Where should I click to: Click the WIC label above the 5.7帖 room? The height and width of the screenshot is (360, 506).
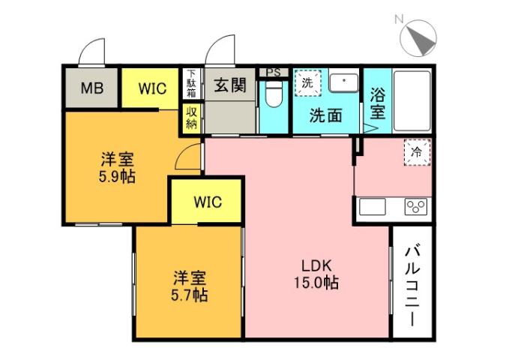tap(207, 201)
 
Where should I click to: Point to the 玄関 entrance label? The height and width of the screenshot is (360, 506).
tap(230, 85)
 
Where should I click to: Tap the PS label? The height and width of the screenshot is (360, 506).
tap(274, 73)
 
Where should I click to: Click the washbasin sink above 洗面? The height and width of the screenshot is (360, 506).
tap(343, 83)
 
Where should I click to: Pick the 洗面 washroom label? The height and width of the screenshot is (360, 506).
tap(326, 116)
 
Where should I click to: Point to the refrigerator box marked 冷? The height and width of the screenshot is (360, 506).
tap(417, 151)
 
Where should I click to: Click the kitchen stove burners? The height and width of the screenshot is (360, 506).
tap(416, 206)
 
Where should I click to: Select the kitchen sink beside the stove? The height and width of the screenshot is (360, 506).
tap(373, 206)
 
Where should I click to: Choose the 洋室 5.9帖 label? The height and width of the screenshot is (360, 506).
tap(118, 168)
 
